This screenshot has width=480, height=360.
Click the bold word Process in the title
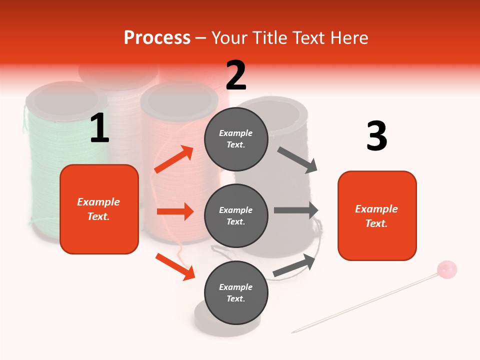click(x=157, y=38)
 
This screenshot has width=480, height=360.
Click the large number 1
click(x=99, y=128)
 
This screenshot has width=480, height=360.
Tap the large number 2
click(x=236, y=75)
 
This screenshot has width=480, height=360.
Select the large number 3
click(x=376, y=136)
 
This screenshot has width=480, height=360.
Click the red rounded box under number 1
click(x=99, y=209)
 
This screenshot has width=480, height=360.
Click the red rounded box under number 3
click(x=377, y=216)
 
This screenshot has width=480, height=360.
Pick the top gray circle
click(x=236, y=139)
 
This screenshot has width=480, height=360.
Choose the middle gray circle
click(x=236, y=216)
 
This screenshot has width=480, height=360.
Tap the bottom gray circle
click(x=236, y=293)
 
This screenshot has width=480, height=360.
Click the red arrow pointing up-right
click(x=174, y=159)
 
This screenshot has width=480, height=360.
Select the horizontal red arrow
click(x=175, y=211)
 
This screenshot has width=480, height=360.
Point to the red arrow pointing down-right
click(x=175, y=266)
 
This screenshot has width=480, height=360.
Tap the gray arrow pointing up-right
click(x=295, y=265)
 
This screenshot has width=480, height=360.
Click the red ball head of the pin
click(x=446, y=269)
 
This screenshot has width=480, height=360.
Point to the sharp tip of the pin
click(x=293, y=331)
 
